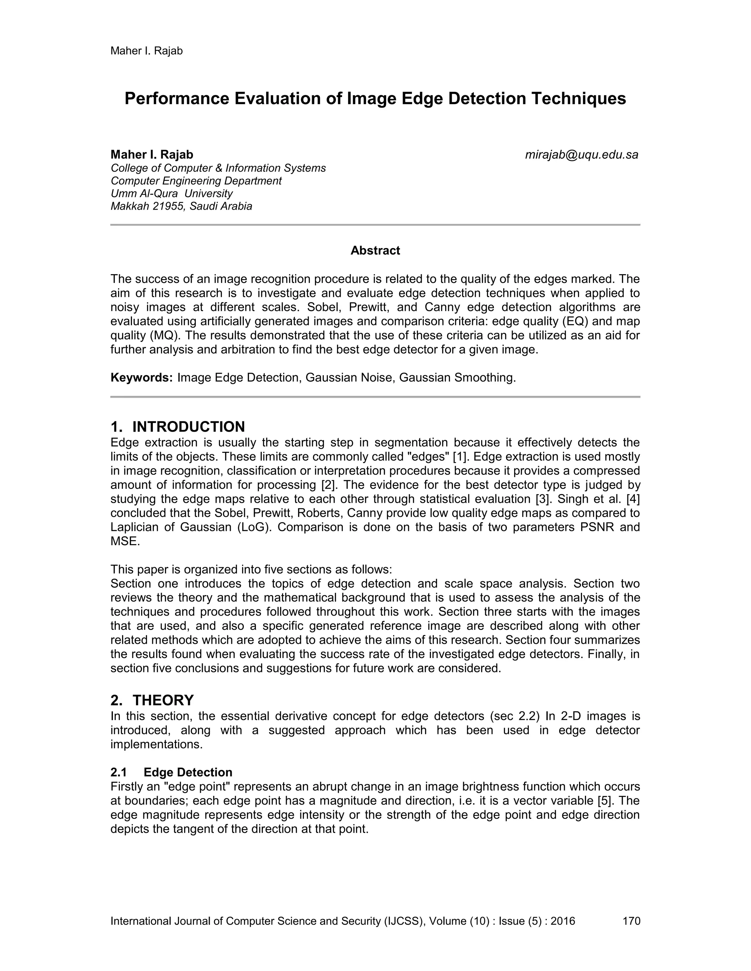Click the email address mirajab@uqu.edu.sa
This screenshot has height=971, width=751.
coord(582,155)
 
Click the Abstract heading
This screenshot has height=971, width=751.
coord(375,251)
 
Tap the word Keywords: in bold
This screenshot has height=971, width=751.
coord(142,378)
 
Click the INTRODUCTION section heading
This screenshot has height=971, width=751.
coord(188,427)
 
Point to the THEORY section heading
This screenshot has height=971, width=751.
coord(163,700)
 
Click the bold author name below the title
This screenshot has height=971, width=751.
coord(152,155)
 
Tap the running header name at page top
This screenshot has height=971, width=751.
coord(146,51)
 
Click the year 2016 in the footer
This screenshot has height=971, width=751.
coord(563,921)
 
